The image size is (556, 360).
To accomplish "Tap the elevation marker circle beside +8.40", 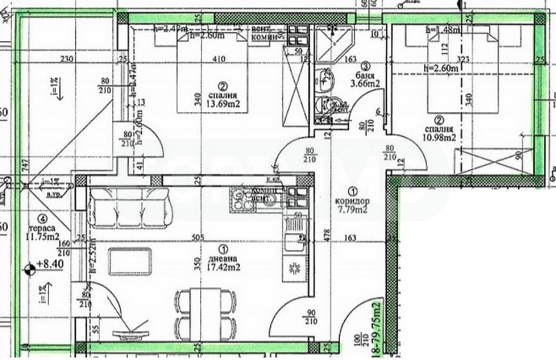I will pos(30,268).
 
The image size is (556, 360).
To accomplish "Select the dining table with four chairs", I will pos(205,310).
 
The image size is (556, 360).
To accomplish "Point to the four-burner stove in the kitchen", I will pos(244,200).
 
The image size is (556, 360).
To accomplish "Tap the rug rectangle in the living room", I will pos(130,262).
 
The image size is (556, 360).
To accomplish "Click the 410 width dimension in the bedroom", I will pos(219,59).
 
